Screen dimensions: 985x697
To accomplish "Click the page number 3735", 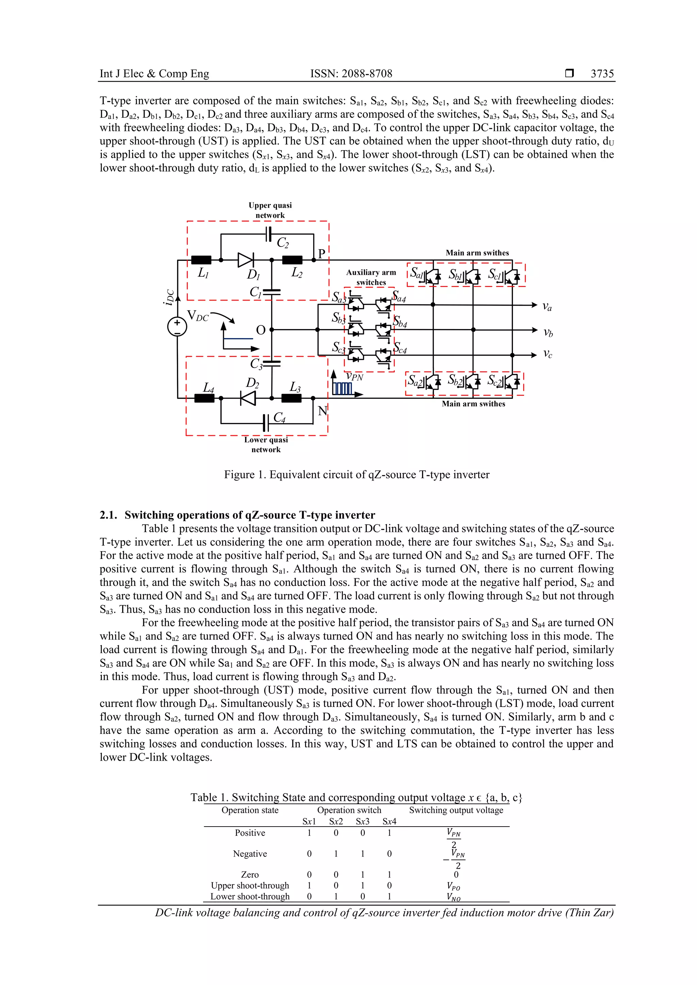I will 602,74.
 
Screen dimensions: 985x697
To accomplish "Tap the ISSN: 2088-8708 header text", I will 351,74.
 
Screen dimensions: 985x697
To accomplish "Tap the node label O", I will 261,330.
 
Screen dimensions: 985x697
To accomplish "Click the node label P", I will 321,253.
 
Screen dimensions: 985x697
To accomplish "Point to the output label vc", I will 547,354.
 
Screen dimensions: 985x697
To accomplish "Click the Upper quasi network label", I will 270,210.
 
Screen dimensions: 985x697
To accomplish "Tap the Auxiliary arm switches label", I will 371,277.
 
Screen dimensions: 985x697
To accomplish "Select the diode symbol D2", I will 248,398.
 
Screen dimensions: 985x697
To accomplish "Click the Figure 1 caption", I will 356,475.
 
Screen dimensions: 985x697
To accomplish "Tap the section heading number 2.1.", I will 108,515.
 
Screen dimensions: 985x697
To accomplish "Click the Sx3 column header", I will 362,821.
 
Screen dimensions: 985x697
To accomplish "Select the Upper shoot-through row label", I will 250,885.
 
